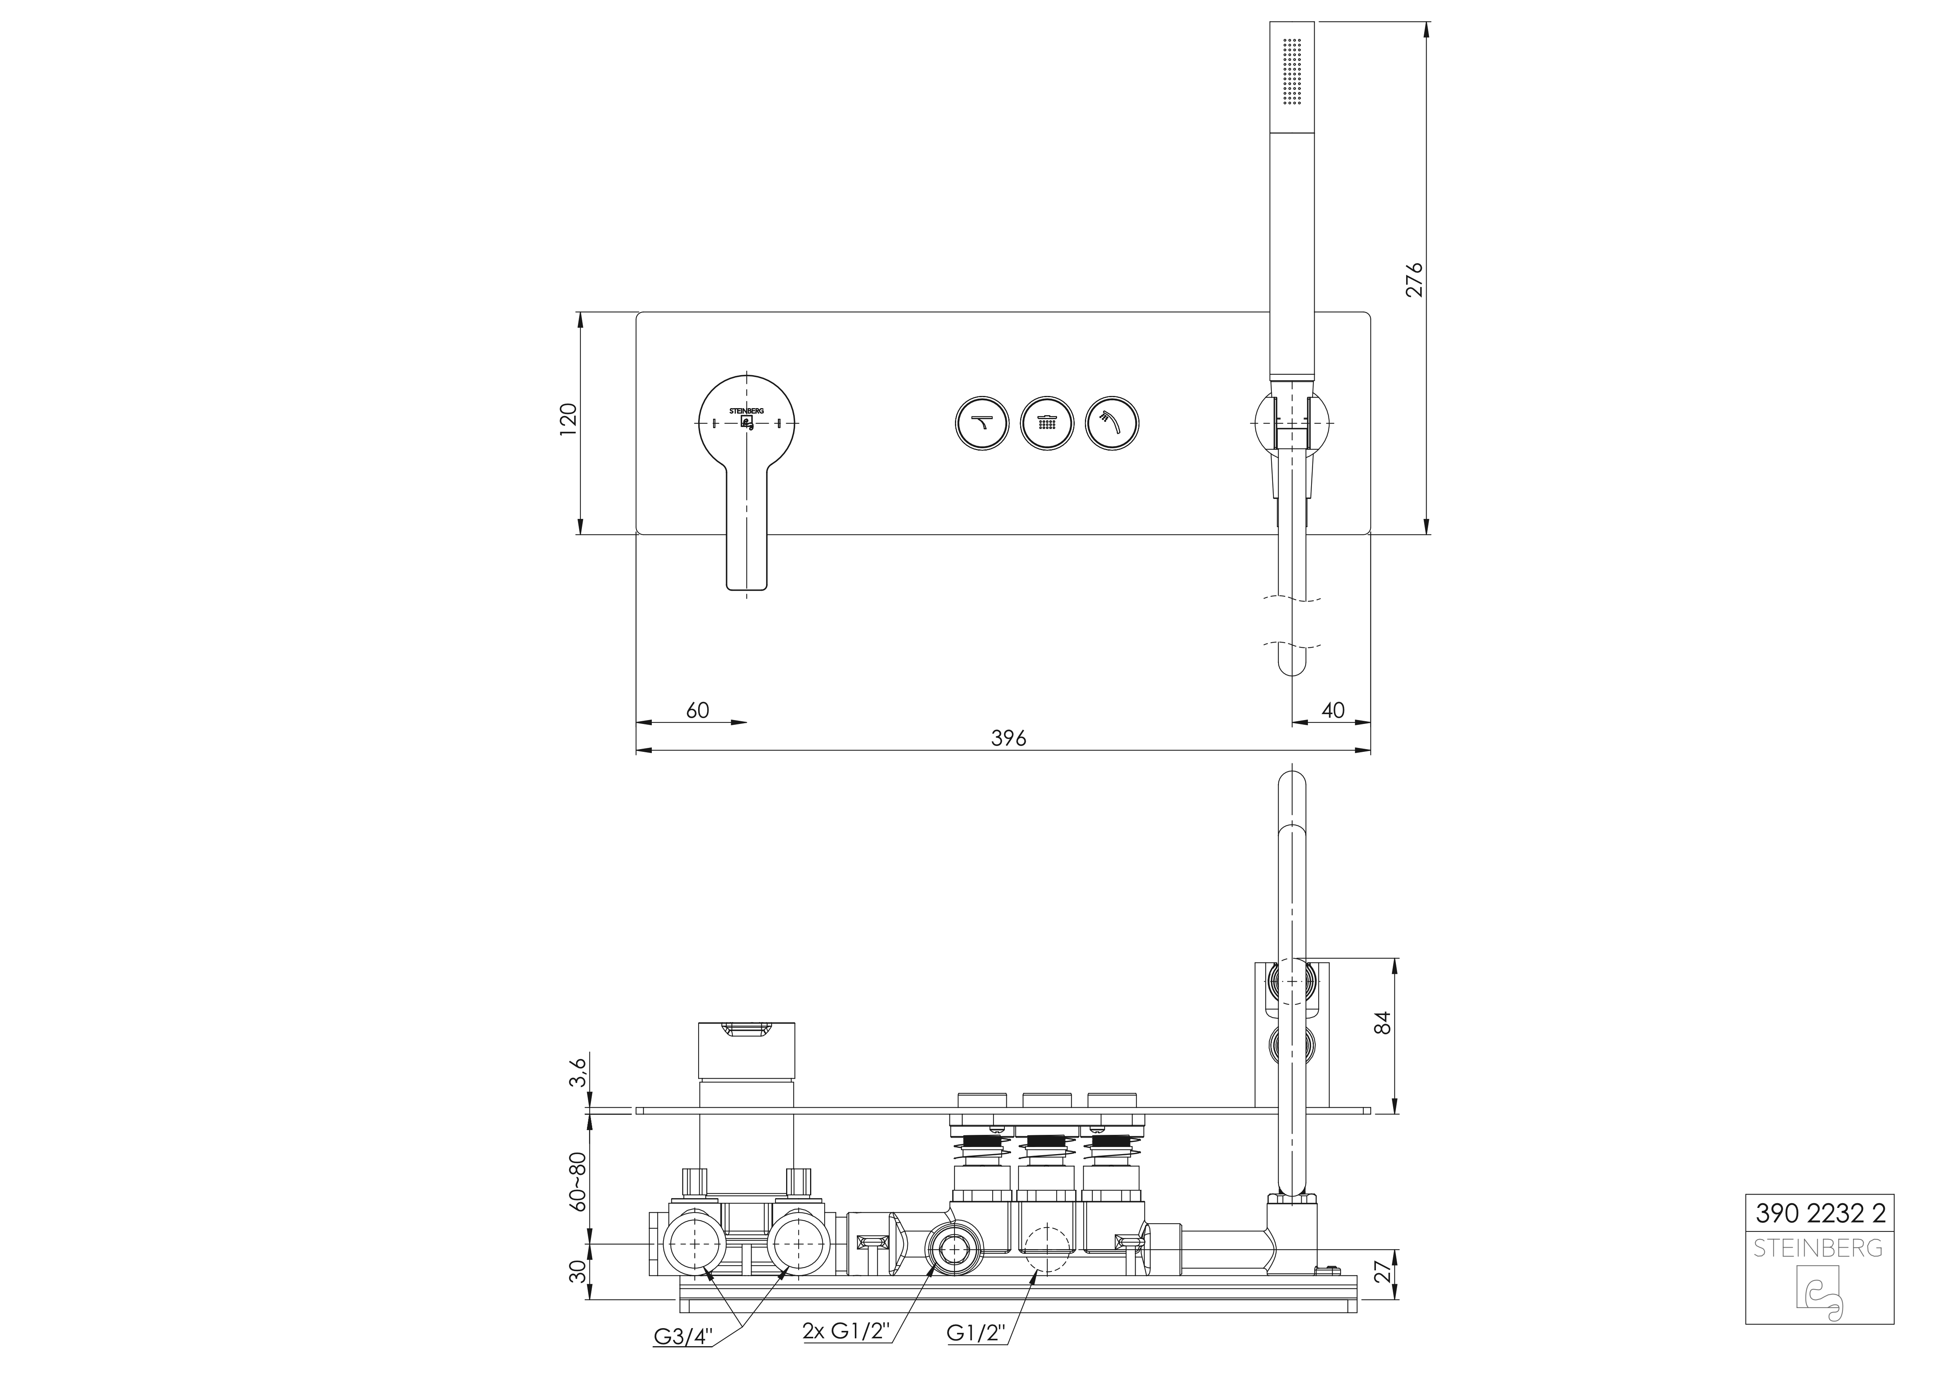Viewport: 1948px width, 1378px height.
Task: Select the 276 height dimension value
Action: click(1415, 280)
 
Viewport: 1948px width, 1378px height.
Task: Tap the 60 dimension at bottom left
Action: click(697, 710)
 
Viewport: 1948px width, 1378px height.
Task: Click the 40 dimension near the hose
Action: click(1333, 710)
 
